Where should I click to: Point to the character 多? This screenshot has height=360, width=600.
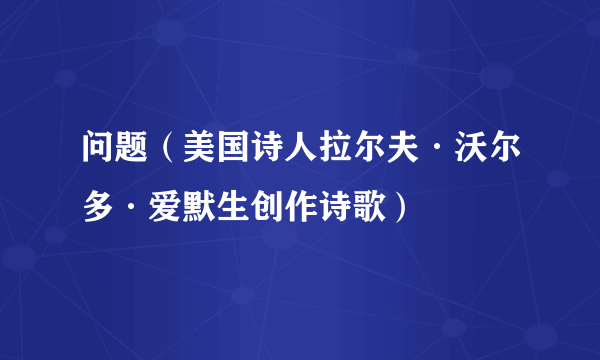tap(97, 207)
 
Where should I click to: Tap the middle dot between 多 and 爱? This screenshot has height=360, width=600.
tap(129, 207)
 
